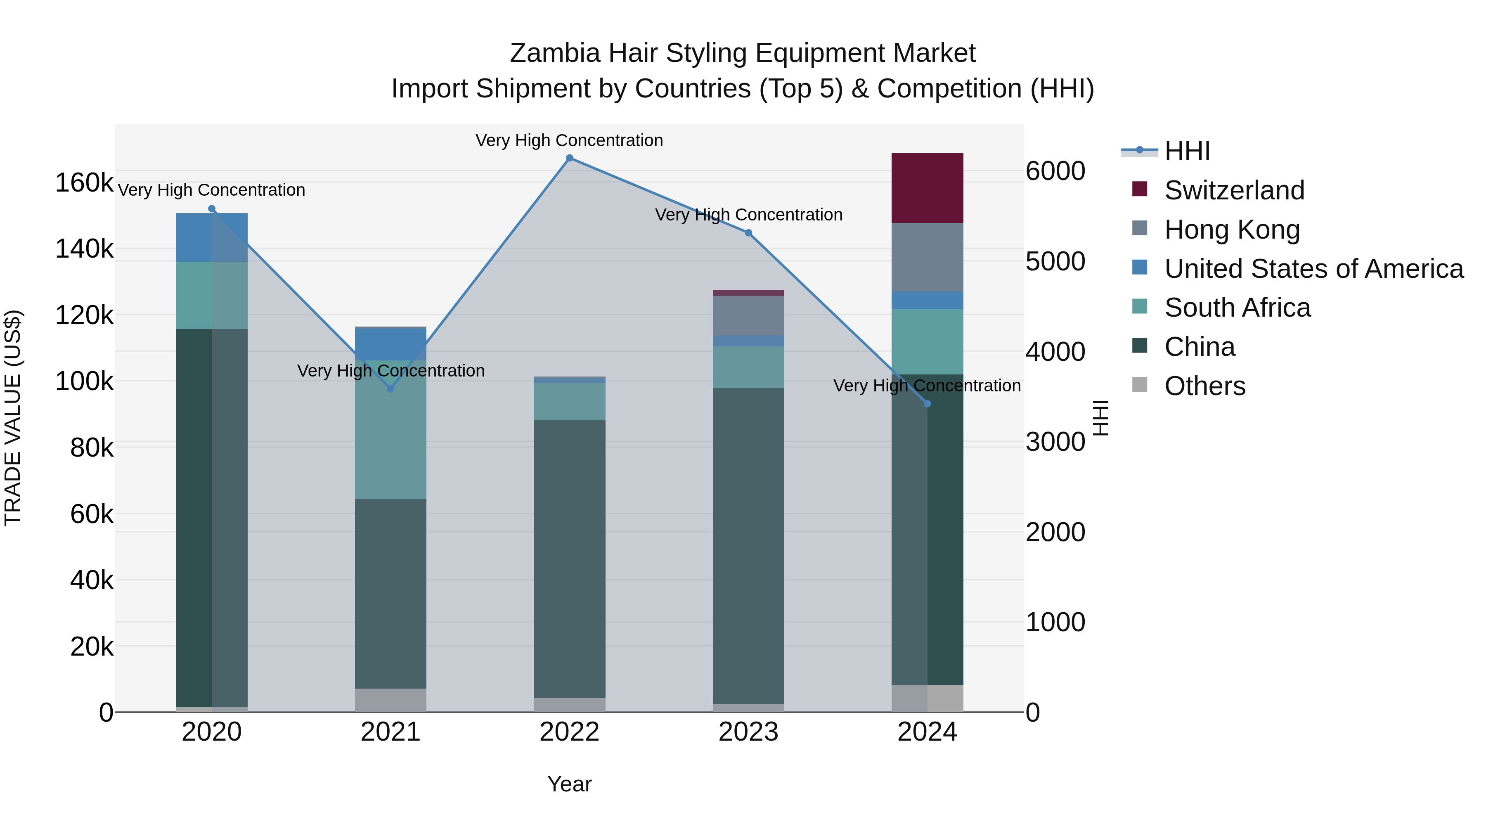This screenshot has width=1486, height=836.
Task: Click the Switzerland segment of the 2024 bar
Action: [927, 188]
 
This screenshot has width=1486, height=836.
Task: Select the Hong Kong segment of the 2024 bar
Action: [927, 257]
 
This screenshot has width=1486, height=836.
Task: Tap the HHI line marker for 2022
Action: [569, 158]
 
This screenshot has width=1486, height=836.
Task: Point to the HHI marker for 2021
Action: [390, 389]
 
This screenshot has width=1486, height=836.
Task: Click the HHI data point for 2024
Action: [927, 404]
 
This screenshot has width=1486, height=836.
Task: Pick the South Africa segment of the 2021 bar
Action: [390, 430]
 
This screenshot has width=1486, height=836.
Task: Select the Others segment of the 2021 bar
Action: [390, 700]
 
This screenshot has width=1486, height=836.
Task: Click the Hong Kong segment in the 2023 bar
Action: [748, 315]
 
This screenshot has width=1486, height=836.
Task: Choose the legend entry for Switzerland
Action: [1233, 190]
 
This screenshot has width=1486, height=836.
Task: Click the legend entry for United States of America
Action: [1313, 269]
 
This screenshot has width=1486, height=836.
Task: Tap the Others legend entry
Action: [1204, 386]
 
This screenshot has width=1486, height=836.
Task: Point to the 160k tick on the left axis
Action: [84, 183]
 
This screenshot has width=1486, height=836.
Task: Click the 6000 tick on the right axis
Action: [1055, 171]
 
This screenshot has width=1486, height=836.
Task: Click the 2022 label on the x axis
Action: [569, 732]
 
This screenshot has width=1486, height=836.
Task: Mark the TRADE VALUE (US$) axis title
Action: [13, 418]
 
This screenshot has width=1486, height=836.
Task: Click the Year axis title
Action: [569, 784]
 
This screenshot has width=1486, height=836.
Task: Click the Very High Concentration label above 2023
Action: [748, 215]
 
